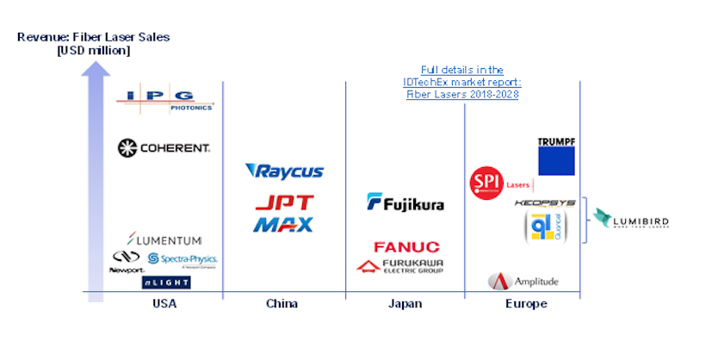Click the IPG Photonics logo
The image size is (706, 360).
(164, 100)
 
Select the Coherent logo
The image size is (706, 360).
(164, 148)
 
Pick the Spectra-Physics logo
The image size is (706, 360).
(183, 259)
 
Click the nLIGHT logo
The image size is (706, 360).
(166, 282)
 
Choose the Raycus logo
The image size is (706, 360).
(284, 171)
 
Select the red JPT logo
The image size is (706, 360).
(284, 203)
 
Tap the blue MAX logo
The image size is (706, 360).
(284, 224)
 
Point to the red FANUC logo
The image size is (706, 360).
(406, 247)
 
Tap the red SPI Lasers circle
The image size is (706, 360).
(485, 183)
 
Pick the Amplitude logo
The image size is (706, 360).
(523, 281)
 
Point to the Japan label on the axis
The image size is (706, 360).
(405, 304)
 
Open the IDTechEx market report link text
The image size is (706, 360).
(463, 82)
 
